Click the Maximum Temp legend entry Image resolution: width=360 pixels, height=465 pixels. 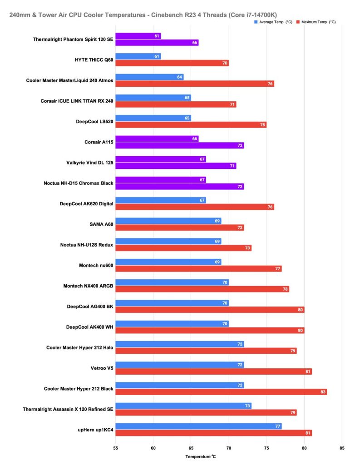coord(318,22)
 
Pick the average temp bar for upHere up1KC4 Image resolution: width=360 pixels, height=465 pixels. coord(198,426)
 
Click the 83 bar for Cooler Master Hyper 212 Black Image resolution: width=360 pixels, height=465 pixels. coord(221,392)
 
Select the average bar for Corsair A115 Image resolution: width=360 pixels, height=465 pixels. coord(157,139)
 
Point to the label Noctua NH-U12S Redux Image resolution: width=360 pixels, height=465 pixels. coord(87,245)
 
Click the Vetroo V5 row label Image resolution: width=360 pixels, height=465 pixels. coord(101,368)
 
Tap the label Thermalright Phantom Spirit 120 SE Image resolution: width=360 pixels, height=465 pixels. coord(73,39)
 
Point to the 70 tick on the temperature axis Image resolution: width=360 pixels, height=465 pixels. coord(228,447)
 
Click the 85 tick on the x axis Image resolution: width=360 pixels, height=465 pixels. coord(341,447)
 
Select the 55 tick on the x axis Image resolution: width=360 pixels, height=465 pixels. coord(116,447)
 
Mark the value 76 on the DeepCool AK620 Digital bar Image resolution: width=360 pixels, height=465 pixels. coord(271,207)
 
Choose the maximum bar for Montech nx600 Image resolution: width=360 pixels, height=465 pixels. coord(198,269)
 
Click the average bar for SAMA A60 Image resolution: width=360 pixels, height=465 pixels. coord(168,221)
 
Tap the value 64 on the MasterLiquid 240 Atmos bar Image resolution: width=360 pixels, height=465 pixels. coord(180,77)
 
